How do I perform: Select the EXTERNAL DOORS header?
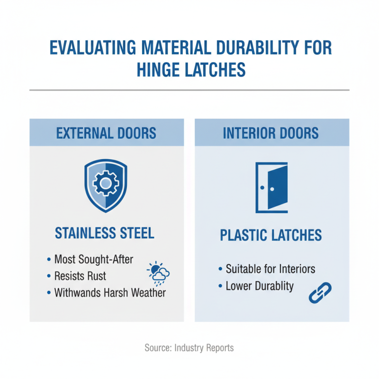coord(106,133)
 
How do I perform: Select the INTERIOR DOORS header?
coord(271,133)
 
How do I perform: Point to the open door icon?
coord(271,187)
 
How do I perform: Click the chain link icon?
coord(320,292)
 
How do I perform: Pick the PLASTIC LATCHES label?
coord(271,235)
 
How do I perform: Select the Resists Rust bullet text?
coord(80,276)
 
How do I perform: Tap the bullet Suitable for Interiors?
coord(270,269)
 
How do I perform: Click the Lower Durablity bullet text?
coord(260,286)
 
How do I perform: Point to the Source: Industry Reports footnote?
coord(189,348)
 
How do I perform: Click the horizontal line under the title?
coord(189,90)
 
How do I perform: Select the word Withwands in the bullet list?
coord(76,292)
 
